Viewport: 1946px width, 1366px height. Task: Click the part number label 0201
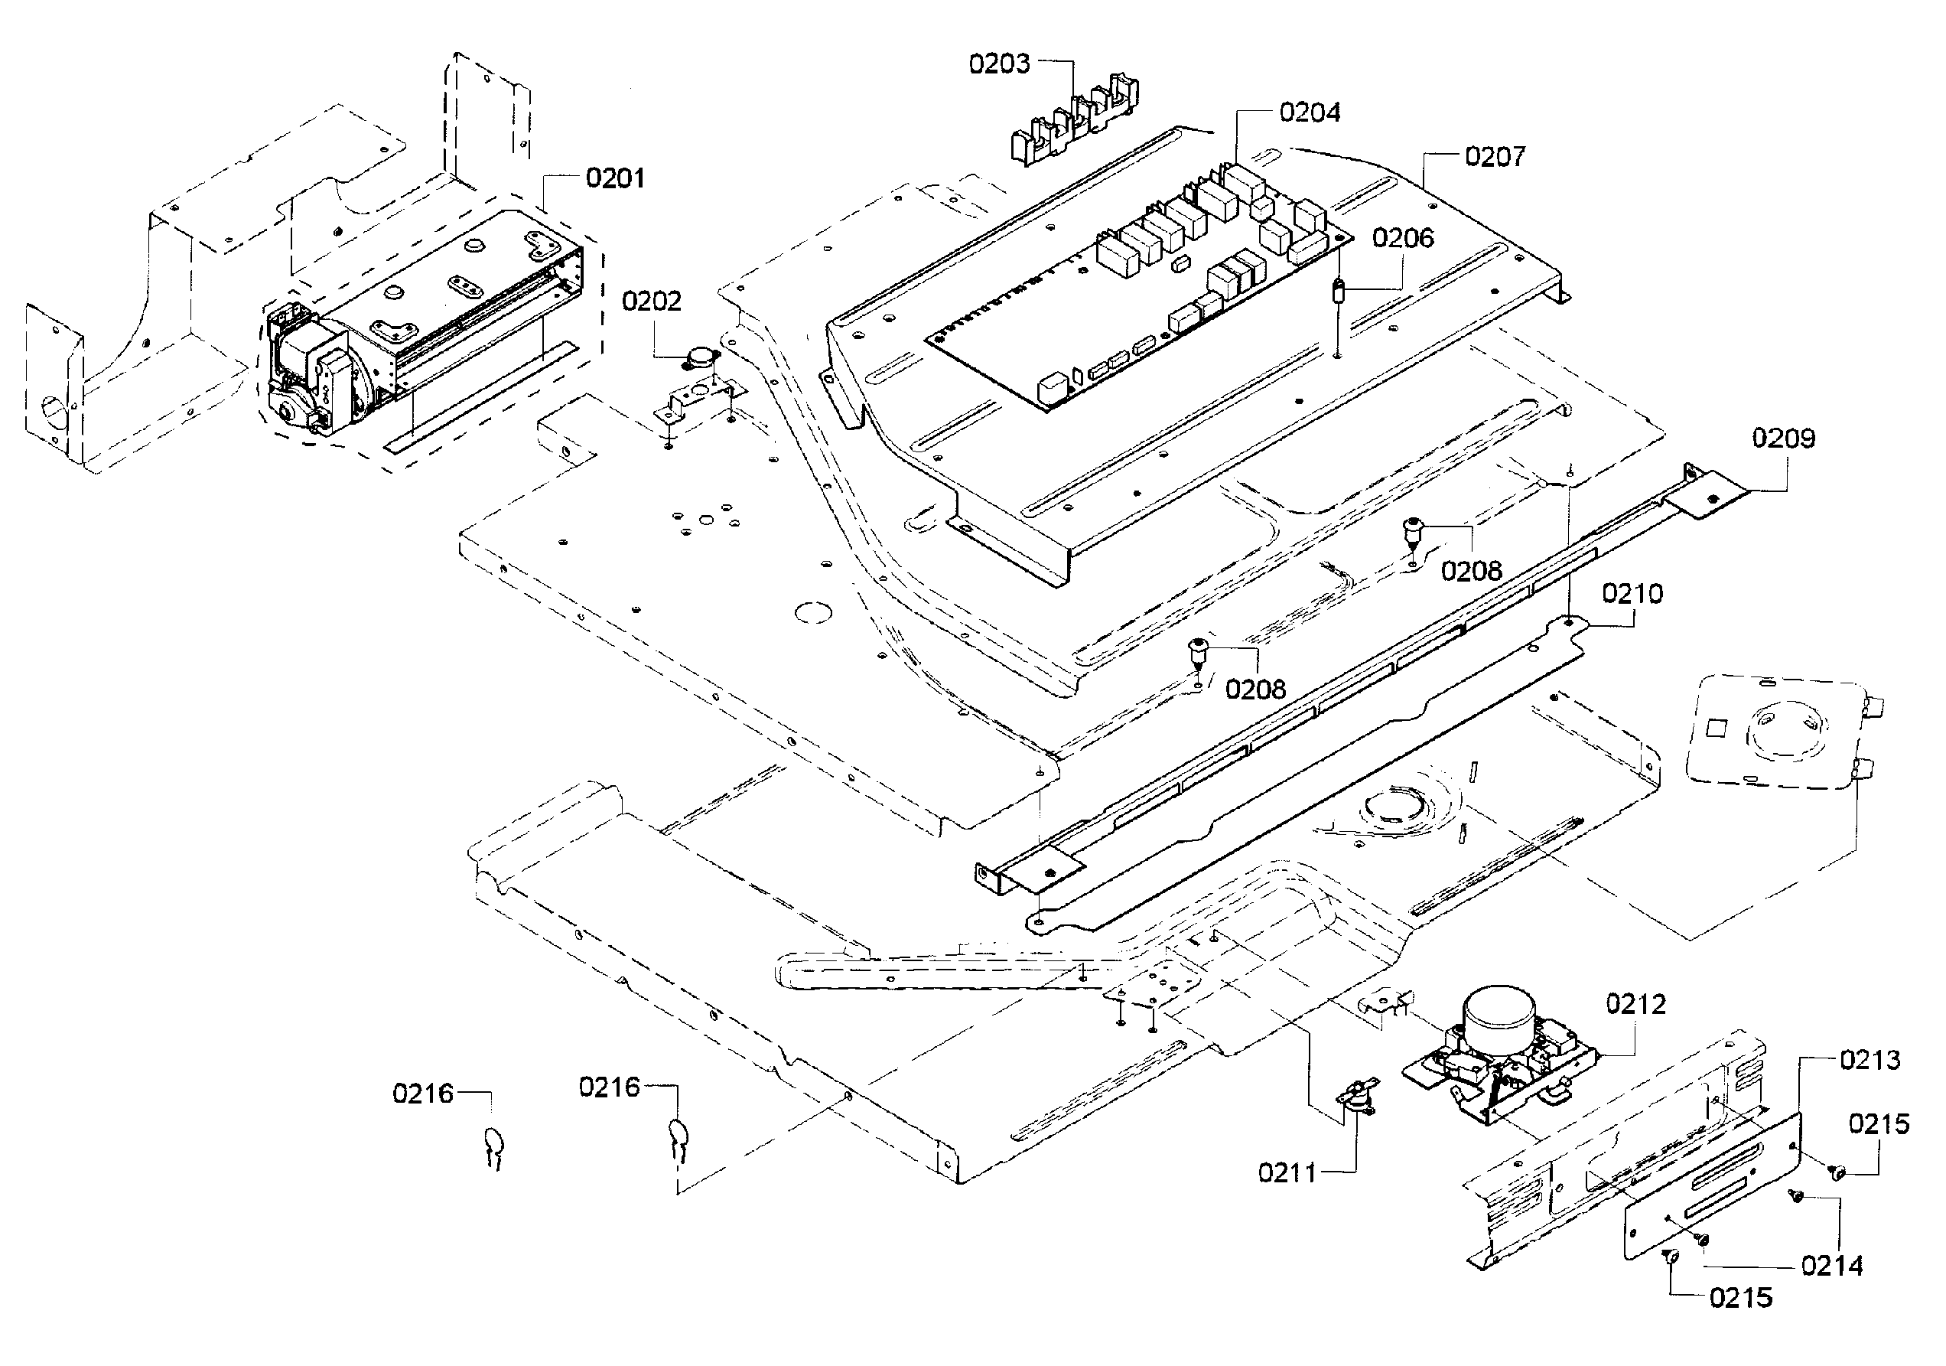614,178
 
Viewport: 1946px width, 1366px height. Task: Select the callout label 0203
999,64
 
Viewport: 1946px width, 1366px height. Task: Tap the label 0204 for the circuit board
1310,112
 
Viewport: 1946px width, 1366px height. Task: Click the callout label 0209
1783,438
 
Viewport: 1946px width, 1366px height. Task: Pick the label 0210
1632,594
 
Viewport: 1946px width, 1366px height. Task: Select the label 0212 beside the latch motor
1635,1004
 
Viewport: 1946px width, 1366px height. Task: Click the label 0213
1870,1060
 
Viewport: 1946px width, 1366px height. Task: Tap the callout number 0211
1287,1172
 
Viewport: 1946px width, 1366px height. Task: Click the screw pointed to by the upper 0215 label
1837,1172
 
